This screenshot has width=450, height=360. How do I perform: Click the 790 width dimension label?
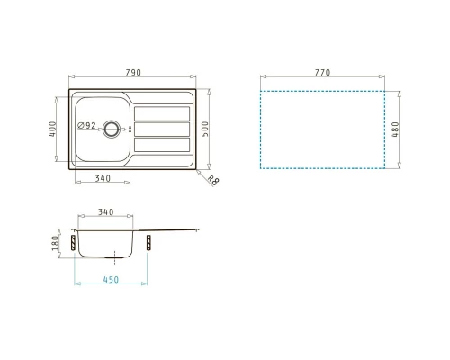(x=133, y=73)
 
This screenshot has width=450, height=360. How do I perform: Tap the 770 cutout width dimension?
(x=322, y=73)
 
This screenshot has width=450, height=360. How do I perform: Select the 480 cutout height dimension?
(x=396, y=130)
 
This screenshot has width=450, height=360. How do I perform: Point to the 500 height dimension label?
(x=204, y=129)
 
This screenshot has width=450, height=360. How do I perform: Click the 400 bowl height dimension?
(x=52, y=129)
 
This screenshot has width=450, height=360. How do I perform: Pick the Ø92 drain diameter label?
(x=86, y=125)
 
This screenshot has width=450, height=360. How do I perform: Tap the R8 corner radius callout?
(x=213, y=180)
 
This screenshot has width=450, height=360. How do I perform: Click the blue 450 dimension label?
(x=111, y=280)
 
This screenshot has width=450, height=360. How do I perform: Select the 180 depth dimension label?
(x=55, y=243)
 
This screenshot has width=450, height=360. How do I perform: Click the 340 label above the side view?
(x=106, y=212)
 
